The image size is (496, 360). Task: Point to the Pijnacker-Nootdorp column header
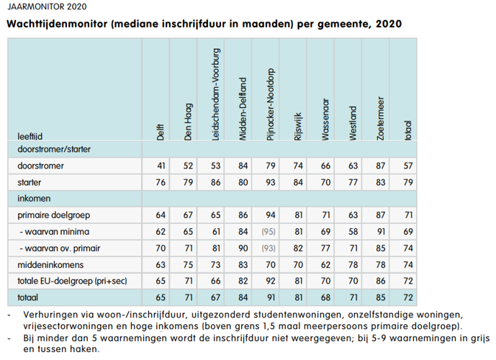tap(271, 101)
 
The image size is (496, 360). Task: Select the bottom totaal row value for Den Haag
tap(188, 296)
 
